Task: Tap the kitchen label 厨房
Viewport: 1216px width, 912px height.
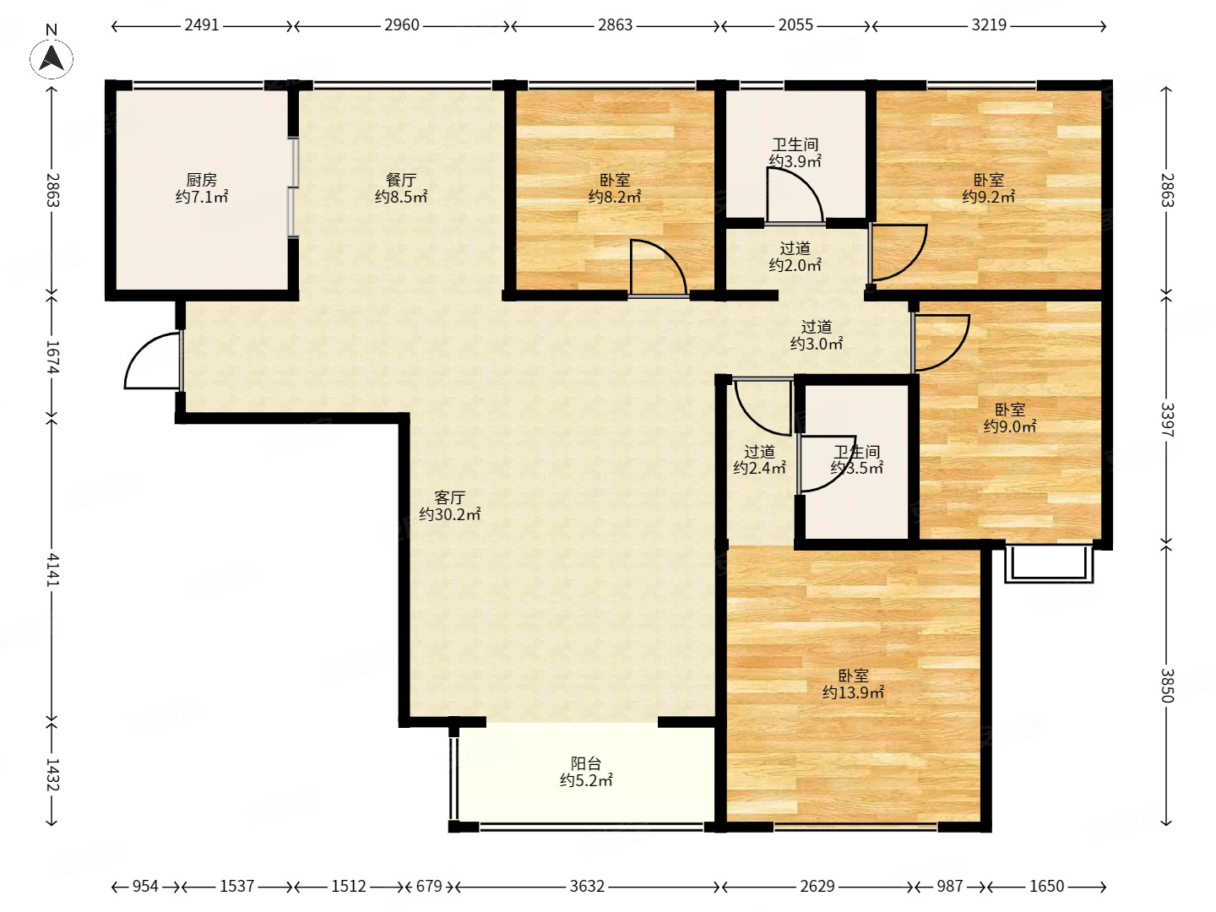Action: (201, 180)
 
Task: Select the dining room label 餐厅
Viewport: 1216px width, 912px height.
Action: (400, 180)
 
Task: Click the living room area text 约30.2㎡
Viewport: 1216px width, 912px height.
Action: (449, 514)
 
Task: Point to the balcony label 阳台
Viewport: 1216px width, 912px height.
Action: (585, 763)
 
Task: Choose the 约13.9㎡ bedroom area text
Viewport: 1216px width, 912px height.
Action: (853, 692)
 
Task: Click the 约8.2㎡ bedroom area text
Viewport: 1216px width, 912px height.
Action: (615, 197)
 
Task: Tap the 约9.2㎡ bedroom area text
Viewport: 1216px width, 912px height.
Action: (988, 197)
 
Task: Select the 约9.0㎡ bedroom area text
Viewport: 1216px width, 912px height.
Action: (1009, 426)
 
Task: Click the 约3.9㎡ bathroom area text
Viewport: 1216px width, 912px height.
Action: (795, 161)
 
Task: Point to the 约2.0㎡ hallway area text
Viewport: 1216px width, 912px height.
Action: (795, 265)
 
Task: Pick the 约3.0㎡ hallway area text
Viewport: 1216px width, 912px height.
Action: (817, 344)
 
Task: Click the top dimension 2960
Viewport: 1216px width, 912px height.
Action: (402, 25)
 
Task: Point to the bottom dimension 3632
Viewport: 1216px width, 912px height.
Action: (587, 887)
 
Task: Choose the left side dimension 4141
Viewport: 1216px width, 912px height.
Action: (52, 569)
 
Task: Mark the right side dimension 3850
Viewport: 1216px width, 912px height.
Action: (1167, 686)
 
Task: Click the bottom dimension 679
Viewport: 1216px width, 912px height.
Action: (429, 887)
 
